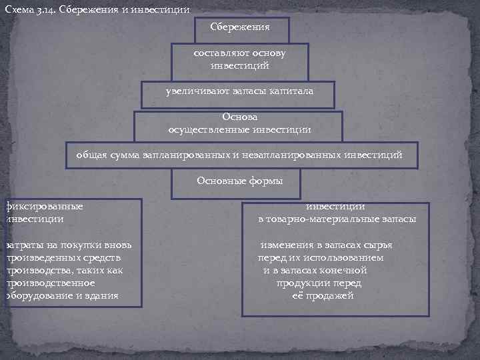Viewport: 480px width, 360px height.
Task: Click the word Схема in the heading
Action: pyautogui.click(x=18, y=10)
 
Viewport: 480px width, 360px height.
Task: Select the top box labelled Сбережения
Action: pyautogui.click(x=240, y=27)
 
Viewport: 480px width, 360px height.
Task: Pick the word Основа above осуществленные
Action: pyautogui.click(x=239, y=117)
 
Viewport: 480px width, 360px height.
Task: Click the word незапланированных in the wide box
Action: pyautogui.click(x=289, y=155)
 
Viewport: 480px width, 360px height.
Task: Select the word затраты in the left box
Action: pyautogui.click(x=19, y=245)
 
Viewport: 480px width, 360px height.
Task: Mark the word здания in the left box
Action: pyautogui.click(x=104, y=295)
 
